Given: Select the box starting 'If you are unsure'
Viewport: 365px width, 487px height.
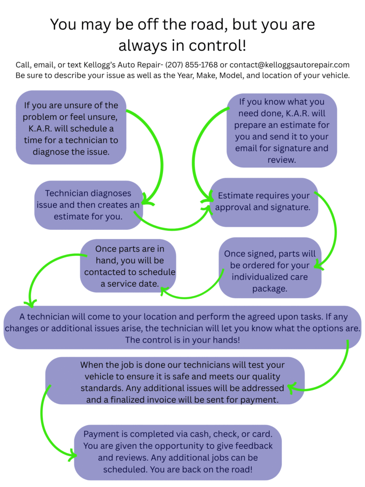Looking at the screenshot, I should tap(71, 127).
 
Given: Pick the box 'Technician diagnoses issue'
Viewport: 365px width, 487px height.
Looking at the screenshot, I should tap(88, 205).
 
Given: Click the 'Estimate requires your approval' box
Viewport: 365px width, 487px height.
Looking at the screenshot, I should tap(264, 202).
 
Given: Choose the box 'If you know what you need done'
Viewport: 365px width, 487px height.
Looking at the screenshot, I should tap(281, 130).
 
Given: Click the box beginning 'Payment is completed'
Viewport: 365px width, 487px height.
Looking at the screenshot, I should tap(178, 452).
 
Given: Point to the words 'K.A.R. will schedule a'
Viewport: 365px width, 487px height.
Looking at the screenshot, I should tap(71, 128).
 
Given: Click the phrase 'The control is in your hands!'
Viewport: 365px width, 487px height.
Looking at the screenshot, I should tap(182, 340).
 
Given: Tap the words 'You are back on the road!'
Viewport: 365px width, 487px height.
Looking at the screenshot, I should tap(178, 469).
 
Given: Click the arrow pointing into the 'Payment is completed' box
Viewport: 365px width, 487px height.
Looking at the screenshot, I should tap(46, 428).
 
